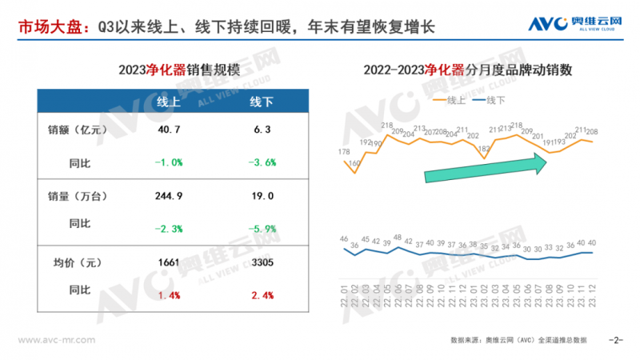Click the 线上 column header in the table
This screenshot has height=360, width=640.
[168, 103]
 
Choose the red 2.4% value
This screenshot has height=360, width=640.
[262, 295]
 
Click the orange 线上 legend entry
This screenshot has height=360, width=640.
[450, 100]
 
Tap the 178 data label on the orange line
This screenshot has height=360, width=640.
[344, 152]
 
